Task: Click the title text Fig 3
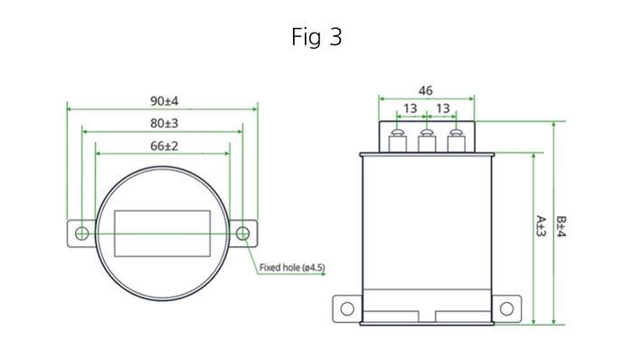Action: click(316, 37)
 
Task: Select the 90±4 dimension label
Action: click(164, 101)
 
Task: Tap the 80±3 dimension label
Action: click(164, 123)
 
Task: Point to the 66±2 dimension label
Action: click(164, 146)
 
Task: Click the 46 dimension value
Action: click(426, 90)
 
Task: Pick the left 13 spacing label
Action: click(411, 109)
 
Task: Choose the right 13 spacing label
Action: click(443, 109)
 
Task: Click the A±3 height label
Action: click(541, 226)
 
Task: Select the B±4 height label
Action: click(562, 227)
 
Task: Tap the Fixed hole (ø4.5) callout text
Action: click(292, 267)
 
